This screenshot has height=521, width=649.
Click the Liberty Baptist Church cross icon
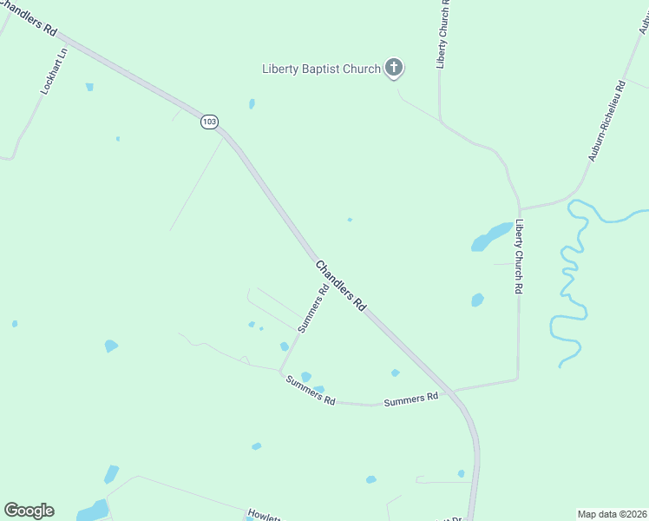pyautogui.click(x=394, y=67)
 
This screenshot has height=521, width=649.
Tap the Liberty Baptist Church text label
pyautogui.click(x=322, y=69)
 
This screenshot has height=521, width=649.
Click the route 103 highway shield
pyautogui.click(x=209, y=122)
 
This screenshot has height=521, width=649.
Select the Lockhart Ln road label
pyautogui.click(x=54, y=71)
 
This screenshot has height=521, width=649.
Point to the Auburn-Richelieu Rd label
pyautogui.click(x=606, y=121)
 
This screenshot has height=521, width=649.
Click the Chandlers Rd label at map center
pyautogui.click(x=340, y=286)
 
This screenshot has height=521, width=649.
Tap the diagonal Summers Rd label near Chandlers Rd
pyautogui.click(x=312, y=309)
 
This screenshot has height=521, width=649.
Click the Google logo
pyautogui.click(x=29, y=511)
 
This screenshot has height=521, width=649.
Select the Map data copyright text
pyautogui.click(x=611, y=513)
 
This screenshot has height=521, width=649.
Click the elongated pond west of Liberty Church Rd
pyautogui.click(x=491, y=236)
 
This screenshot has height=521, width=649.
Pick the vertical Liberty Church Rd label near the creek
pyautogui.click(x=519, y=256)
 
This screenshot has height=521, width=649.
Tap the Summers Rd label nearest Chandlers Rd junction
pyautogui.click(x=410, y=399)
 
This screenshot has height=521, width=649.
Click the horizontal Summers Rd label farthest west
pyautogui.click(x=311, y=389)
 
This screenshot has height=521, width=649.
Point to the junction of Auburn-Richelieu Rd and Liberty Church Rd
pyautogui.click(x=521, y=209)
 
